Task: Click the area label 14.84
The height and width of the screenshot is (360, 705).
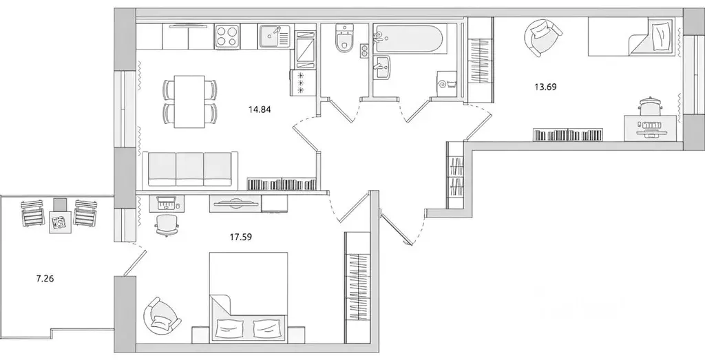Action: (x=260, y=107)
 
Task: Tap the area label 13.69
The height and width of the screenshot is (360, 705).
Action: (x=545, y=87)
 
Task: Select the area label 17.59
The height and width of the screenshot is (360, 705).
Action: (x=240, y=239)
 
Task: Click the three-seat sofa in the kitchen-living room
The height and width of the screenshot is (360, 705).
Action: (x=189, y=169)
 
